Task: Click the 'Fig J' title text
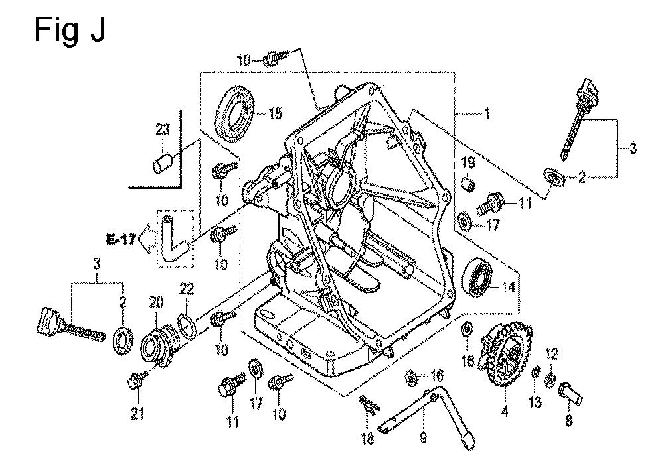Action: point(70,30)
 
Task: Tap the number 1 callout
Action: point(487,113)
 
